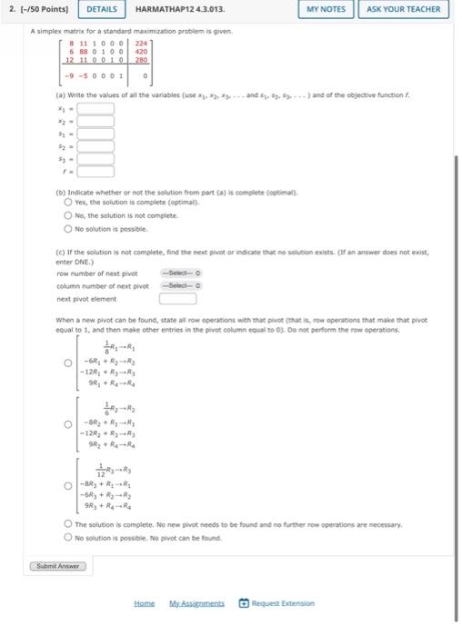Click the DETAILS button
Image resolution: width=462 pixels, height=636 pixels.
click(103, 9)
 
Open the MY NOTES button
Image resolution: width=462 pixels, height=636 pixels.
click(326, 9)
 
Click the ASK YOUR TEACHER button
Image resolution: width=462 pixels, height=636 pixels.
click(403, 9)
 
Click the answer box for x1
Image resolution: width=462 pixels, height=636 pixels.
click(95, 108)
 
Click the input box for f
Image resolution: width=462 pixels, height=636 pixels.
click(95, 170)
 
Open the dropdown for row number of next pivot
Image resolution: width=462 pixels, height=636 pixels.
click(180, 273)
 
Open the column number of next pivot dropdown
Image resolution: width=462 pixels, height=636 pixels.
click(180, 285)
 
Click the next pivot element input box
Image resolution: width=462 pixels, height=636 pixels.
click(179, 298)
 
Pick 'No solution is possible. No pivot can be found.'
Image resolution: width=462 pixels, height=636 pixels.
click(68, 538)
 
